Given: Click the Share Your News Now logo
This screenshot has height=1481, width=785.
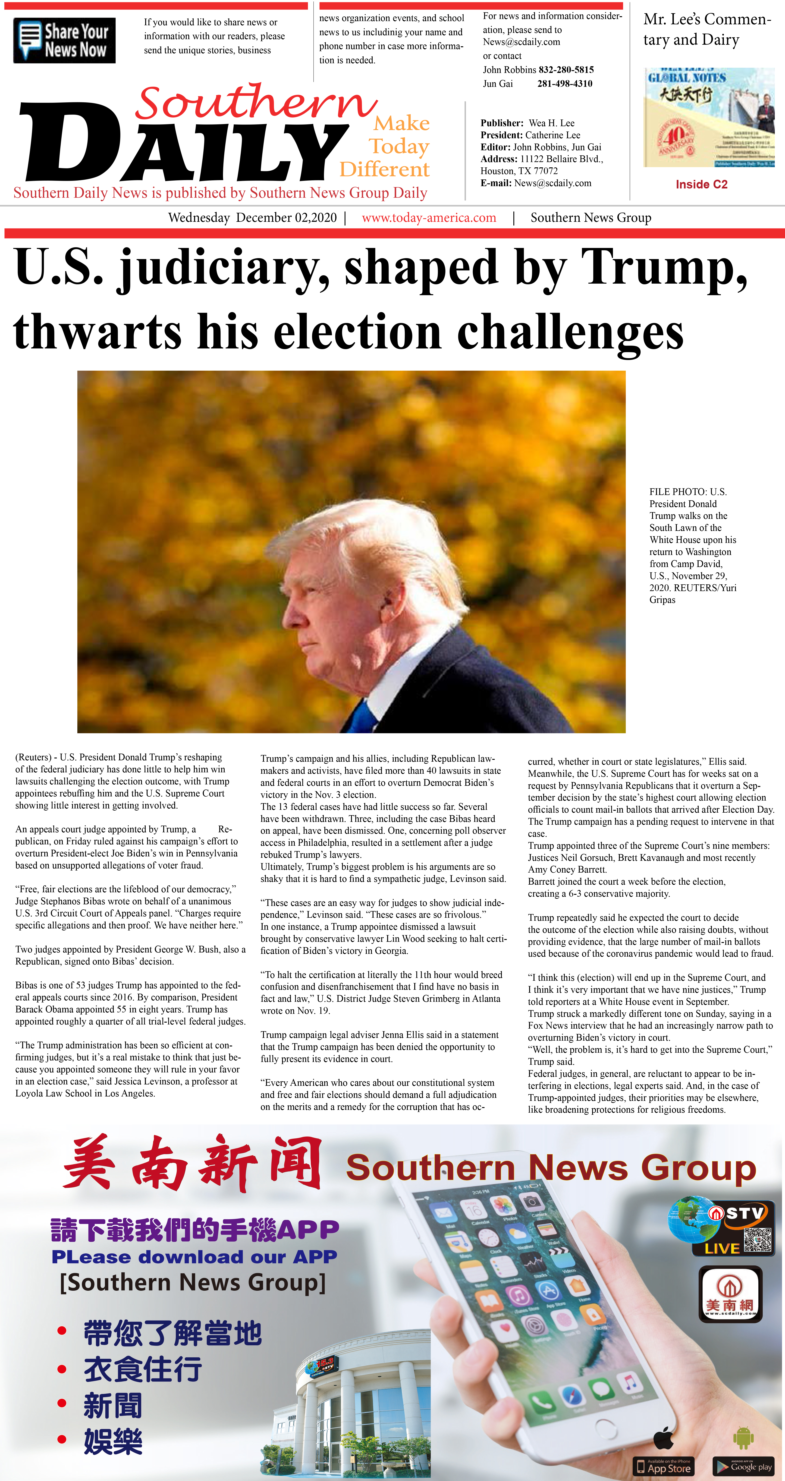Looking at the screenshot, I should tap(64, 40).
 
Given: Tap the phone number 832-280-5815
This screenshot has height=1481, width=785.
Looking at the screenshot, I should tap(566, 69).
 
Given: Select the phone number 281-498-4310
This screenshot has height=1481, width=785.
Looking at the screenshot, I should tap(565, 83).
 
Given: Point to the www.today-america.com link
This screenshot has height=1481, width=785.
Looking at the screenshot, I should tap(429, 218).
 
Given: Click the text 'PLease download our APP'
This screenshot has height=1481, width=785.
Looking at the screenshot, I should tap(194, 1257).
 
